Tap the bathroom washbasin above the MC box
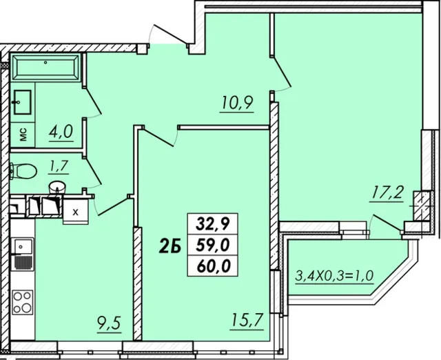point(23,102)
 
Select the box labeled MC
point(23,134)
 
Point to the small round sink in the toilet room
point(57,188)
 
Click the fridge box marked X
point(75,212)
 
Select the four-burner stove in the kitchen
point(23,302)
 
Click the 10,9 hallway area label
point(237,103)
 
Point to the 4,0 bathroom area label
point(61,132)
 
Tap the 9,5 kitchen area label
point(110,323)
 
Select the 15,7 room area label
point(247,321)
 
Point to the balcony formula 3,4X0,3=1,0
point(334,276)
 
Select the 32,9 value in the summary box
point(213,224)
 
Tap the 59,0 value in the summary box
point(213,246)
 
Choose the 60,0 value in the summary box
point(213,266)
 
